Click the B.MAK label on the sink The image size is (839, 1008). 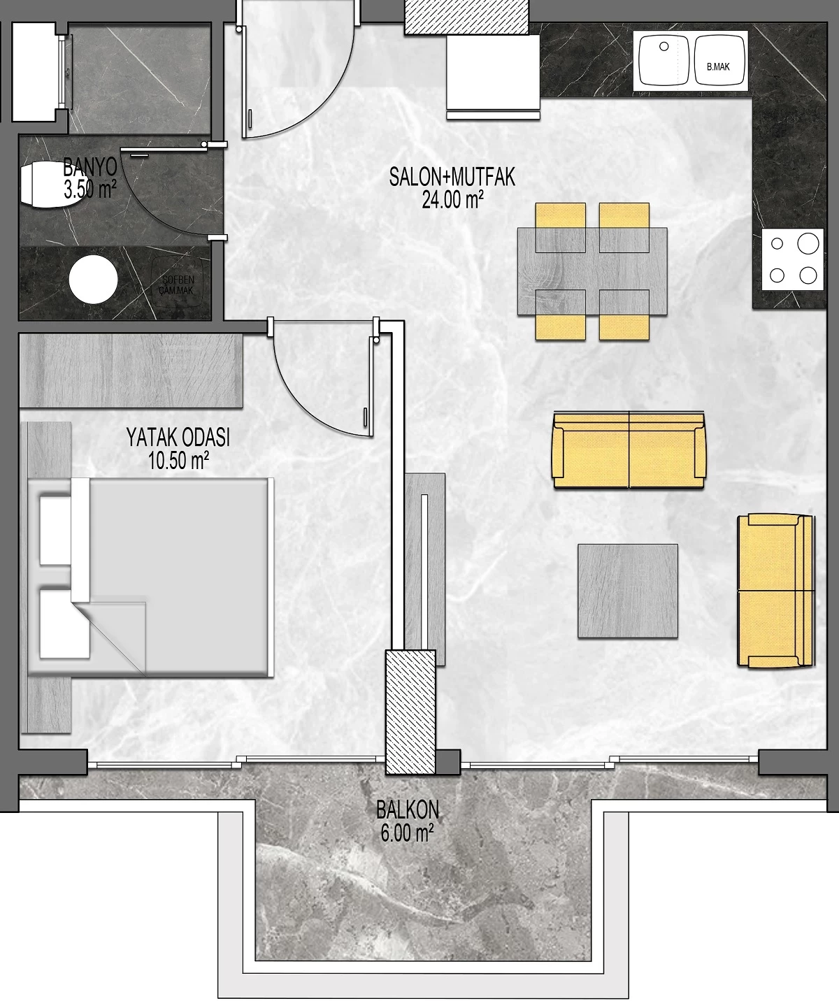[x=718, y=67]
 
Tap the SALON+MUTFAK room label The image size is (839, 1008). [x=452, y=177]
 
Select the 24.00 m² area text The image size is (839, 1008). [x=452, y=199]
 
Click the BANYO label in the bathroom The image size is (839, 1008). [x=89, y=168]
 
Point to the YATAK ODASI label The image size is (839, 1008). [x=178, y=438]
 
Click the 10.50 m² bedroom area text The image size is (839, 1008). [x=178, y=460]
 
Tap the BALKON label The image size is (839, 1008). [x=408, y=810]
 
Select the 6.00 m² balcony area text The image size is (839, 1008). [x=407, y=833]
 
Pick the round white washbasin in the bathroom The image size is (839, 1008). [x=93, y=280]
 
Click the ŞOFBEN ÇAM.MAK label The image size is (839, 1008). [x=177, y=285]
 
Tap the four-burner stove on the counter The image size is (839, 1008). [x=793, y=259]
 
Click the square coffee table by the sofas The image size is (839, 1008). [x=628, y=591]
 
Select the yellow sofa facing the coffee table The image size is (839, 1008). [x=629, y=450]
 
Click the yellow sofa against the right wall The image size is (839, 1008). [x=776, y=591]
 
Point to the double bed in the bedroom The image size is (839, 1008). [x=151, y=576]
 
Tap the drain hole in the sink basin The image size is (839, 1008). [x=664, y=46]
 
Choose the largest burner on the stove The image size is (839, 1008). [x=808, y=243]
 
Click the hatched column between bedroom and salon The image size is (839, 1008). [x=410, y=712]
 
